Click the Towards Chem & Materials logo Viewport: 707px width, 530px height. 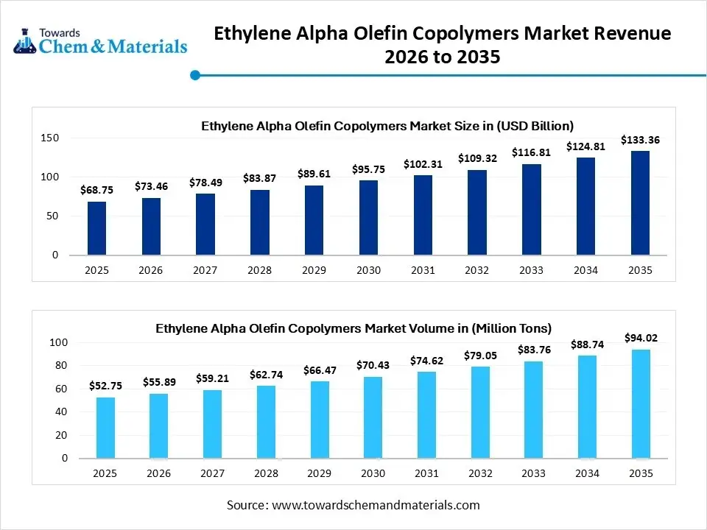click(100, 42)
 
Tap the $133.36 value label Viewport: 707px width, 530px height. click(640, 140)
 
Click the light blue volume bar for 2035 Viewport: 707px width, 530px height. click(640, 403)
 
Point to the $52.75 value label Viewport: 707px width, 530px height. click(105, 386)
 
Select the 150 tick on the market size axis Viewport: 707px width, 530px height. click(50, 138)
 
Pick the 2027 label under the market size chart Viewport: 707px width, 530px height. click(205, 270)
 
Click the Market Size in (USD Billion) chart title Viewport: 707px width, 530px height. click(387, 126)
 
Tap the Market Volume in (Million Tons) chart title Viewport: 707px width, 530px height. click(353, 328)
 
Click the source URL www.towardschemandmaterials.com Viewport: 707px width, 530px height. click(376, 505)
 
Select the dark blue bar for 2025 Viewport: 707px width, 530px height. click(96, 228)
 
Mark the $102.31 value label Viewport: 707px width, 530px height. click(423, 164)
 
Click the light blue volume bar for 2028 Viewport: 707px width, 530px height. click(266, 422)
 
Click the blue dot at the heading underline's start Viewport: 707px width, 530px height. click(195, 74)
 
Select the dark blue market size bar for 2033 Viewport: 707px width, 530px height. click(531, 210)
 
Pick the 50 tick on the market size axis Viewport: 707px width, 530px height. click(54, 216)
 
